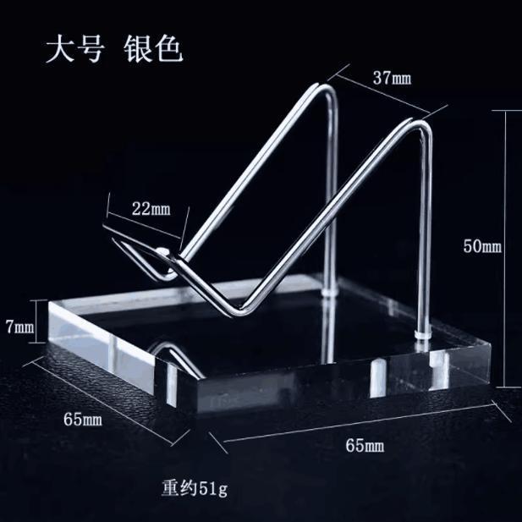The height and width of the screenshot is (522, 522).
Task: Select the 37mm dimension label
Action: (x=392, y=79)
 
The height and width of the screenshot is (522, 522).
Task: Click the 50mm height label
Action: (x=482, y=246)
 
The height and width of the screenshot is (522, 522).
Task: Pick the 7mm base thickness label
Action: (x=19, y=324)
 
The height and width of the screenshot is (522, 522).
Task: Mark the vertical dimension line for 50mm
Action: (x=507, y=245)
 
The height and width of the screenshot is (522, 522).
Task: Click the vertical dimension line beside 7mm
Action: (x=38, y=321)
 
